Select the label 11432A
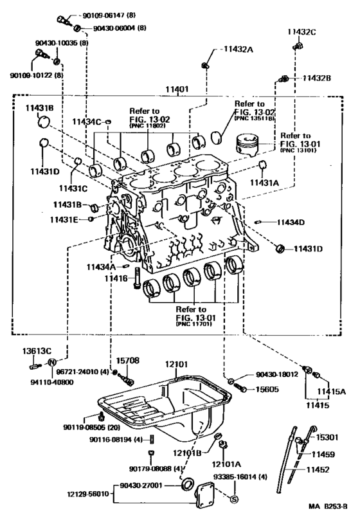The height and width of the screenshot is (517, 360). tap(239, 49)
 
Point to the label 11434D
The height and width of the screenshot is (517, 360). tap(291, 222)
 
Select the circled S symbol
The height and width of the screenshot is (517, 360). tap(234, 500)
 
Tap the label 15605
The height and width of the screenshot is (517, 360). tap(262, 389)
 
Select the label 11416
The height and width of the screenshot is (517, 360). tap(117, 278)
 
